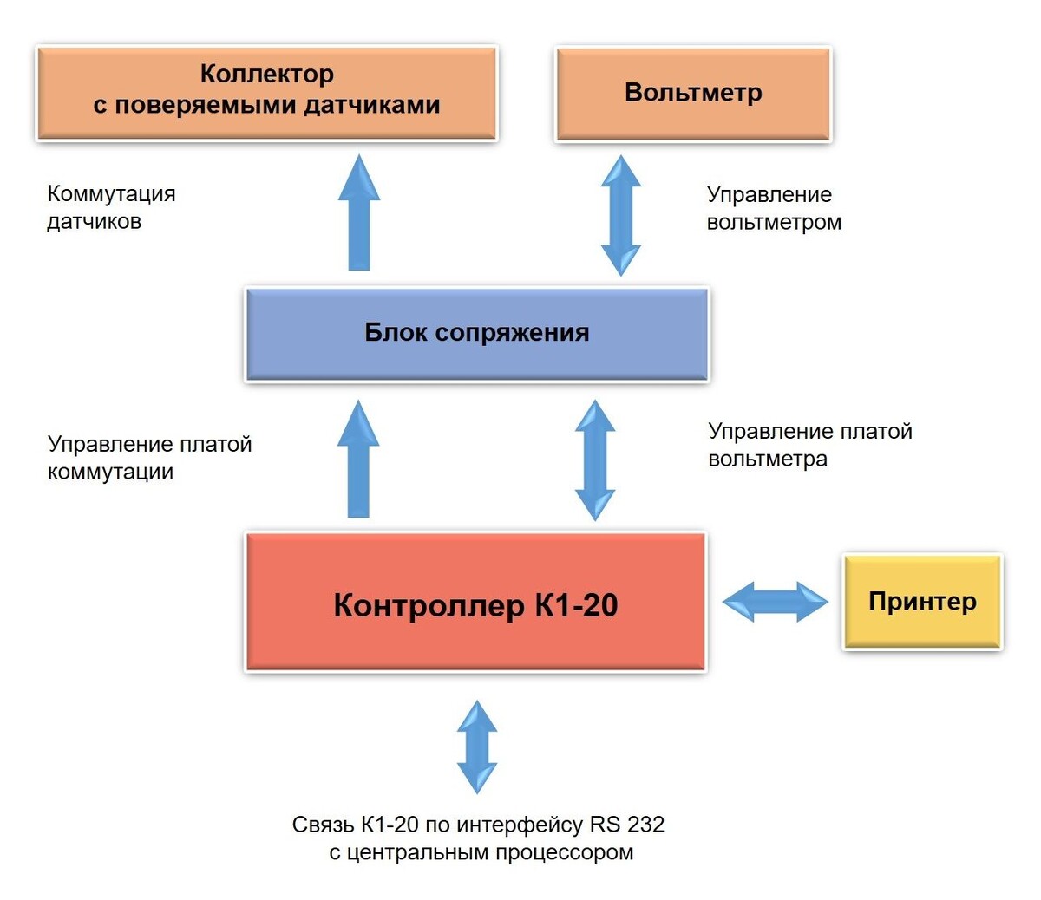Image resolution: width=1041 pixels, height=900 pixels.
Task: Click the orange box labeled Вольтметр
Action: click(x=693, y=94)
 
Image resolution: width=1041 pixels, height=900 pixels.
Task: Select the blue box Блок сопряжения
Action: click(x=477, y=334)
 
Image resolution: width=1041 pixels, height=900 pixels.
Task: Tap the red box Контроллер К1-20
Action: click(x=475, y=603)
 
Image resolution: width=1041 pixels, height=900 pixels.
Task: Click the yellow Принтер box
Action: click(x=922, y=602)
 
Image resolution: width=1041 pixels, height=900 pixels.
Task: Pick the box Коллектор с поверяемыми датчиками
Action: click(x=266, y=93)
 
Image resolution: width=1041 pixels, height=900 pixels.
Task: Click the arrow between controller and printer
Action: click(x=775, y=602)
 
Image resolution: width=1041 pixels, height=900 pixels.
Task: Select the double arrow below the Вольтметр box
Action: click(x=621, y=215)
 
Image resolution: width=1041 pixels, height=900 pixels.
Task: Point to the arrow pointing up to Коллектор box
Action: click(x=359, y=213)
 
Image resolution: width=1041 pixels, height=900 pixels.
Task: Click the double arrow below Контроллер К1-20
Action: click(x=477, y=747)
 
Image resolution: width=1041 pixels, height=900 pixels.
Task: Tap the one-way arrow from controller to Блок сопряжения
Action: click(x=358, y=460)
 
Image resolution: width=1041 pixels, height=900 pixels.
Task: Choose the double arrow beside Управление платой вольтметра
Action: click(x=595, y=460)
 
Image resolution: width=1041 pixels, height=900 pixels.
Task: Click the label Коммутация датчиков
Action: click(x=111, y=207)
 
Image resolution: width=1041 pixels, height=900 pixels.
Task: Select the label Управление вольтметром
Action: click(x=774, y=208)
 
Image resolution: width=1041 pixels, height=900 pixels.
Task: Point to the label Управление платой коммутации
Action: click(x=149, y=458)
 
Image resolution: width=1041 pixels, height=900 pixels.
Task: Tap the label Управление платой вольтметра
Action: click(x=810, y=445)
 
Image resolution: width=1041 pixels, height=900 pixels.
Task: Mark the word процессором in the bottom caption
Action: click(x=565, y=852)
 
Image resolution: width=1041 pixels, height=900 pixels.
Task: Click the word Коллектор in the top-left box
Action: click(x=266, y=75)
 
